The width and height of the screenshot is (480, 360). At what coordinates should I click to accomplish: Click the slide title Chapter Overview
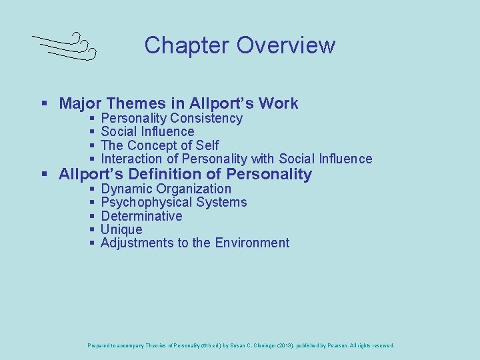(239, 45)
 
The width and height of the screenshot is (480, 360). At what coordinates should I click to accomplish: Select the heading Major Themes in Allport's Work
(178, 103)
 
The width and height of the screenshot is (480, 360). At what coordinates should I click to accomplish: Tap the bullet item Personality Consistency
(171, 119)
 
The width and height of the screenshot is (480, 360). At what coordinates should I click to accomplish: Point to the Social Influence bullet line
(147, 132)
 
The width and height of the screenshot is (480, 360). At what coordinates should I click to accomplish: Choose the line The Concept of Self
(159, 145)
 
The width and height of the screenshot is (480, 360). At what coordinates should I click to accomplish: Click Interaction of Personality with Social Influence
(236, 159)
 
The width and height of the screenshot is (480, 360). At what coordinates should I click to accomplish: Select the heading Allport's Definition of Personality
(185, 175)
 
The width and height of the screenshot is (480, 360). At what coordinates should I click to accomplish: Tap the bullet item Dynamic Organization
(165, 189)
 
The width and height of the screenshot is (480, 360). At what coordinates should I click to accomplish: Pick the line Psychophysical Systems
(173, 203)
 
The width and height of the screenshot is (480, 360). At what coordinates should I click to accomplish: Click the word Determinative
(141, 216)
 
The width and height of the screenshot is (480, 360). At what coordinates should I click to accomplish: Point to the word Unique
(121, 229)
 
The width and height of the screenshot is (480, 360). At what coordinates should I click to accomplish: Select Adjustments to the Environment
(195, 243)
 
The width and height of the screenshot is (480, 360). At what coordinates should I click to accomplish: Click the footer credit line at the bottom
(241, 345)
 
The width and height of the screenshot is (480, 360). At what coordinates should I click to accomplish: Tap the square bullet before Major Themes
(44, 104)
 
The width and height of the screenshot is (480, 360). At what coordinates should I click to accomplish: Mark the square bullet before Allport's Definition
(44, 175)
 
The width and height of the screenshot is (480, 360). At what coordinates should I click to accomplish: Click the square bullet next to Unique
(92, 230)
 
